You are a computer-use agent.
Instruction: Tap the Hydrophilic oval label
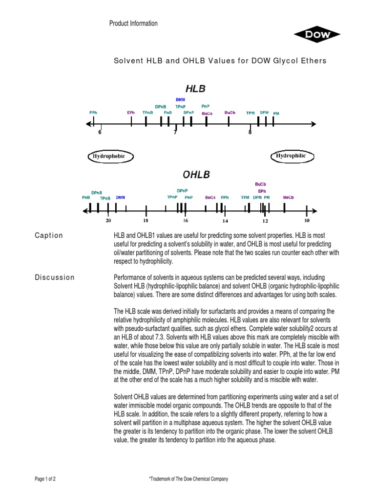[291, 156]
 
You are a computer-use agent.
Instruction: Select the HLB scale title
[195, 89]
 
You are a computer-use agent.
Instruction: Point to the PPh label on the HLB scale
[93, 112]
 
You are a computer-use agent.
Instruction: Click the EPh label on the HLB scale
[131, 113]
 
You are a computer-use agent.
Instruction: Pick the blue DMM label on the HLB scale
[181, 100]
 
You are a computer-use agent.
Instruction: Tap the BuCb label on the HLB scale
[229, 113]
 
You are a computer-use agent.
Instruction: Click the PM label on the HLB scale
[276, 113]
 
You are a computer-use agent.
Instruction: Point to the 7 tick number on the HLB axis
[175, 132]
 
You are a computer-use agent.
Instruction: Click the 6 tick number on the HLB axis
[100, 132]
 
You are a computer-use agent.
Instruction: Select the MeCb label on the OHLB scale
[288, 197]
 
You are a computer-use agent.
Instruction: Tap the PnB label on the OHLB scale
[86, 197]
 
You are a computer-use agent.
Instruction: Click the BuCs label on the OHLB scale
[210, 197]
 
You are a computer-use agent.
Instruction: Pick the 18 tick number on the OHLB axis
[145, 221]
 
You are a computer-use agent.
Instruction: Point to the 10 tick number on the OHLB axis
[307, 221]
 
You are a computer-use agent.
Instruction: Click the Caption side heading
[49, 235]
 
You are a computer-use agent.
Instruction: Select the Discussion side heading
[55, 277]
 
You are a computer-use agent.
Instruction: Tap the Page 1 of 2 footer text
[45, 479]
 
